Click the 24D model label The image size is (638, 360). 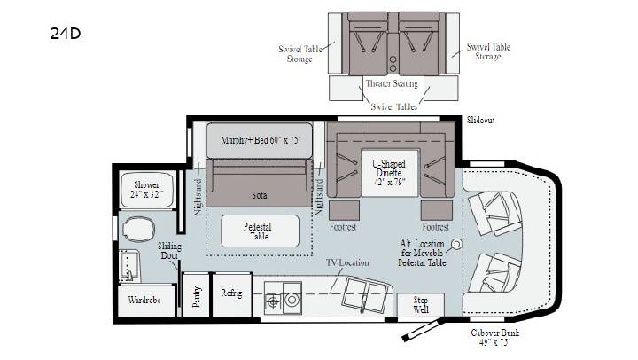point(66,34)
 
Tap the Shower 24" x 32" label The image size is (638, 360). point(146,190)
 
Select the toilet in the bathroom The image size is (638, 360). point(138,229)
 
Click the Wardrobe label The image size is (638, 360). point(144,300)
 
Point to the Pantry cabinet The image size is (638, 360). point(196,295)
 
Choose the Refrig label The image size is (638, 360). point(231,293)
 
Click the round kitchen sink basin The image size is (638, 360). point(292,300)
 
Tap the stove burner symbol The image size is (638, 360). point(273,302)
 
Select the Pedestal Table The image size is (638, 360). point(260,231)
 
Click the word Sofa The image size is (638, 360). point(259,195)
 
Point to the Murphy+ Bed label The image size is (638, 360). point(261,140)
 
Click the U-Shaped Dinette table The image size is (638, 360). point(390,173)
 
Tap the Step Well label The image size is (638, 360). point(421,305)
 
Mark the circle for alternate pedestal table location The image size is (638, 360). point(457,244)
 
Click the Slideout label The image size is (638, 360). point(480,120)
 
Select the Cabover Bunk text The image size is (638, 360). point(494,333)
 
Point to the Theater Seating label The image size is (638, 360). point(392,83)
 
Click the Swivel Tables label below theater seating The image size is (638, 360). point(393,106)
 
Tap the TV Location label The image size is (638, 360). point(347,262)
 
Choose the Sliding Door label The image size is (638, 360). point(169,251)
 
